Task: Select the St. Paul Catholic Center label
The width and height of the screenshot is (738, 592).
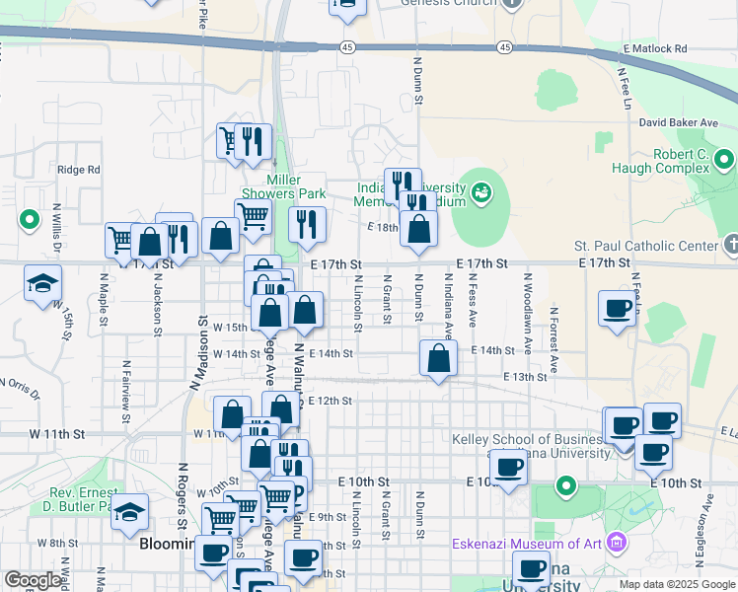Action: [645, 245]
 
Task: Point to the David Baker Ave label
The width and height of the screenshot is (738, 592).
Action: [678, 122]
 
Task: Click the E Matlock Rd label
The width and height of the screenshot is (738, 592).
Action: [654, 48]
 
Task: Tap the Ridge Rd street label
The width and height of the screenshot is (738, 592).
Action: [79, 170]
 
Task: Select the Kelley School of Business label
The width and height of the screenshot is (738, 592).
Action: [531, 446]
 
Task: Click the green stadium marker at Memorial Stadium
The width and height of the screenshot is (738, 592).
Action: [481, 190]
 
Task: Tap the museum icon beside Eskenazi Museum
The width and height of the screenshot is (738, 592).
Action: [618, 542]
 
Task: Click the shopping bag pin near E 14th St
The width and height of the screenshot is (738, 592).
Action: [438, 358]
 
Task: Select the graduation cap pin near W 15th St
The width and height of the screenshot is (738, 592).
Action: [42, 284]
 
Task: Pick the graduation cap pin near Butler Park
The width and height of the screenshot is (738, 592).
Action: [129, 512]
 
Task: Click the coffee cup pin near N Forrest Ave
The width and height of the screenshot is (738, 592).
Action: [617, 308]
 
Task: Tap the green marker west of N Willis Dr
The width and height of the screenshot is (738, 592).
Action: [29, 219]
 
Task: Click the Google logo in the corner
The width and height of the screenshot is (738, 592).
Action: [32, 581]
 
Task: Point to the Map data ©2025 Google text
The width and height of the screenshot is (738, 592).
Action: [675, 584]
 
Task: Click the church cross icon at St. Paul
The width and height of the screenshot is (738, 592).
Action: [730, 244]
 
